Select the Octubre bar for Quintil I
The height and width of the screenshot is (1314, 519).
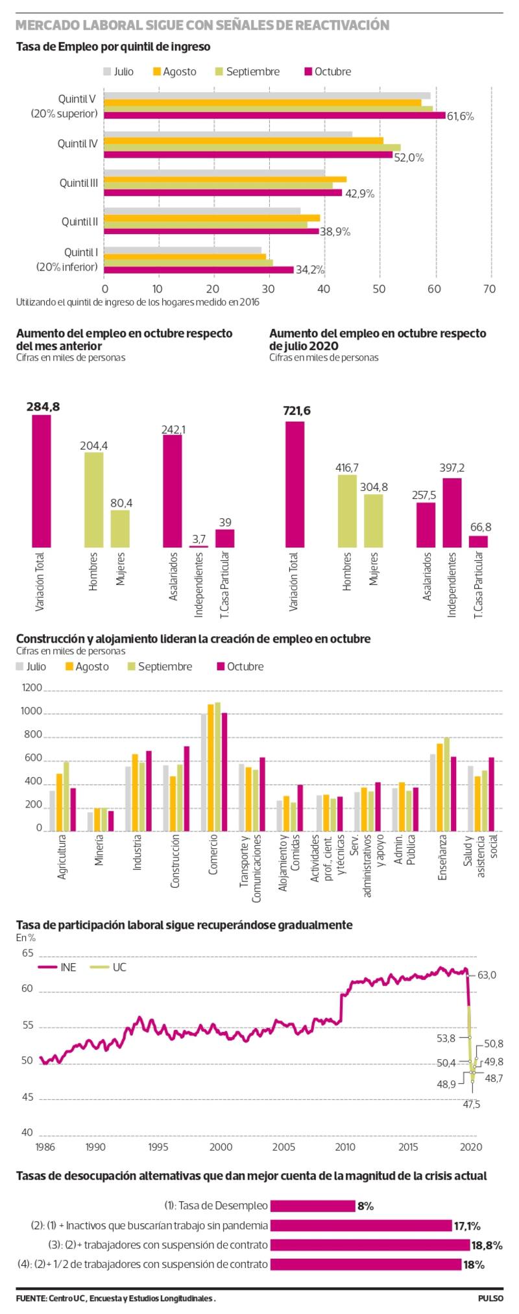click(x=199, y=270)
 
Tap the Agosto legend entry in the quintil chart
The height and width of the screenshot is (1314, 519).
click(x=175, y=72)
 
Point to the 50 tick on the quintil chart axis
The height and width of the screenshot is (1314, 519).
click(x=380, y=289)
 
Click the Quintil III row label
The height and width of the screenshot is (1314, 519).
click(x=78, y=183)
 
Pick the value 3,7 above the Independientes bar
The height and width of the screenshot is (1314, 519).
click(x=199, y=539)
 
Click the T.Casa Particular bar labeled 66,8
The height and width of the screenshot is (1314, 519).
click(x=478, y=541)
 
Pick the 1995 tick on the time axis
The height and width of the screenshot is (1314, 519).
click(x=159, y=1147)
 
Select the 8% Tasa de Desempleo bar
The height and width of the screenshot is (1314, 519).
click(x=312, y=1206)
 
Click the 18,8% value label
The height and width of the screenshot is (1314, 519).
click(x=487, y=1245)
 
